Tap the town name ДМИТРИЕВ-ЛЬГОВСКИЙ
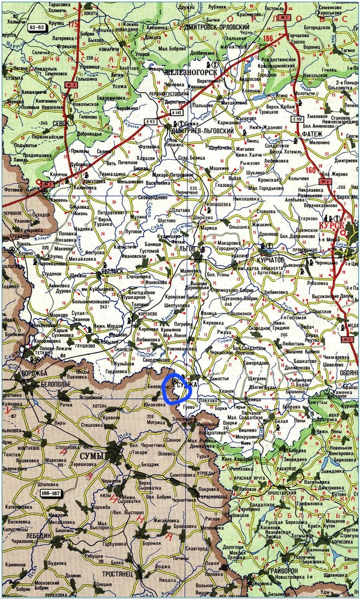pos(202,132)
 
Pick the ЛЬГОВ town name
pos(188,249)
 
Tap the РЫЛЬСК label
pos(112,270)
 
